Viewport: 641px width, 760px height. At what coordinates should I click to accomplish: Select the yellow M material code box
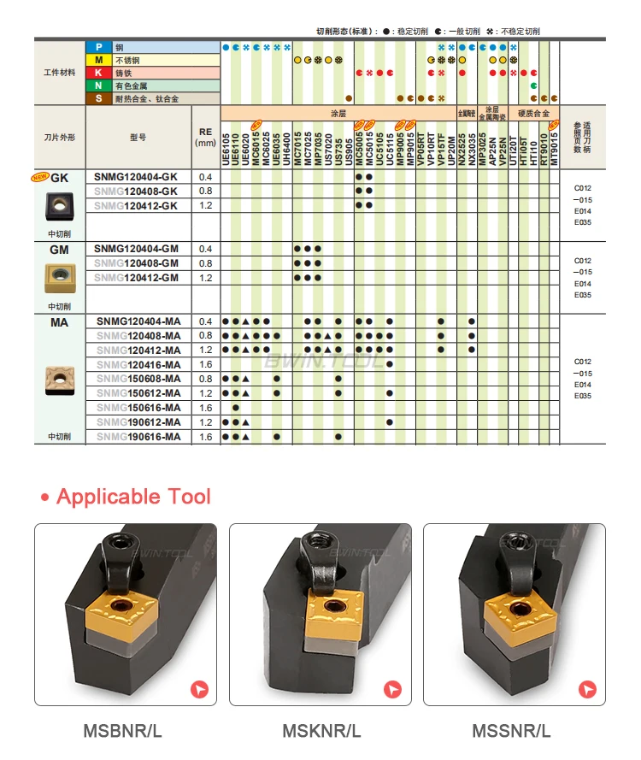pos(98,61)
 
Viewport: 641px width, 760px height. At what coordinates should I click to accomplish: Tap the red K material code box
pos(98,74)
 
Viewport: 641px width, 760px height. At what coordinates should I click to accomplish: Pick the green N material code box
pos(98,86)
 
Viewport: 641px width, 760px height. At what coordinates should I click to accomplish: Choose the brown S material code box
pos(98,99)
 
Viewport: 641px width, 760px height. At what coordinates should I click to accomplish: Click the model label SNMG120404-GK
pos(137,177)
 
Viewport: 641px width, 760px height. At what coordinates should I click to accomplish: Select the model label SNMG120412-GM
pos(137,278)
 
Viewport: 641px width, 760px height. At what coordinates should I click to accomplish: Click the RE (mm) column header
pos(205,138)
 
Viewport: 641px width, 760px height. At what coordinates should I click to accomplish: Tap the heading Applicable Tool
pos(132,497)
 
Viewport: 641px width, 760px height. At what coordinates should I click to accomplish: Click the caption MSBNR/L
pos(123,732)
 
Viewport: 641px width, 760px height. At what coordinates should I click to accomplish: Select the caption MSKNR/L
pos(322,732)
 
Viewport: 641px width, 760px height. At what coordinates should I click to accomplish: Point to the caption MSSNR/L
pos(512,732)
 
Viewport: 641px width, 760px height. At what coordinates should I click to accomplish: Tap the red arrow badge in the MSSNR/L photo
pos(587,688)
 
